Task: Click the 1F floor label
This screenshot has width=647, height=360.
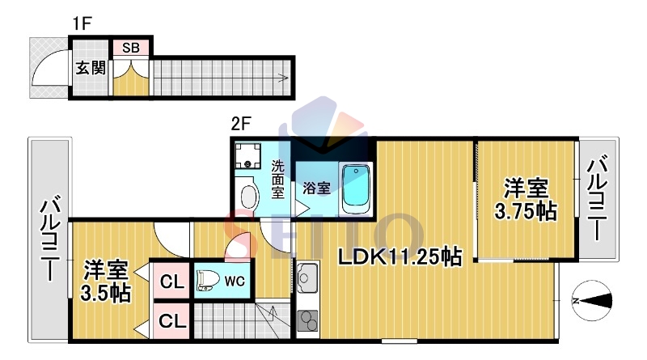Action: click(82, 23)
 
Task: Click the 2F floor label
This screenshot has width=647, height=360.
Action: click(241, 124)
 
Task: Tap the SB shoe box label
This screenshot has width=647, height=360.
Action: click(131, 48)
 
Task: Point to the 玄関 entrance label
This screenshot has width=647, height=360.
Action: click(91, 68)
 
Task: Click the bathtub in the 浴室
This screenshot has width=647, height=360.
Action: click(355, 189)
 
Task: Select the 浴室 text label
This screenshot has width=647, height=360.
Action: click(316, 188)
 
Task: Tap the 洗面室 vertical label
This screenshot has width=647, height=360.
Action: click(277, 180)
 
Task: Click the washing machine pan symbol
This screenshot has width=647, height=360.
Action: click(247, 155)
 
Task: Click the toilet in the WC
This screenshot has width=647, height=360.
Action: click(208, 281)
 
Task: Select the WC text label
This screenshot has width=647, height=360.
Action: click(235, 282)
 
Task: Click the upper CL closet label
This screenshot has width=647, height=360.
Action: click(172, 282)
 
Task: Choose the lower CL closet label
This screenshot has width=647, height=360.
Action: click(172, 321)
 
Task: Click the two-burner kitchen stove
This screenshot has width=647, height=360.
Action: click(307, 320)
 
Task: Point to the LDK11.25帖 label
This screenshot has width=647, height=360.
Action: click(400, 256)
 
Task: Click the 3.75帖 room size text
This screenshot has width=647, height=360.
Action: click(525, 211)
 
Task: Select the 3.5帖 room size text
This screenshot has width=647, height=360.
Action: click(106, 294)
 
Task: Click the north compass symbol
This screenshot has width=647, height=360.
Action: click(592, 301)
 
